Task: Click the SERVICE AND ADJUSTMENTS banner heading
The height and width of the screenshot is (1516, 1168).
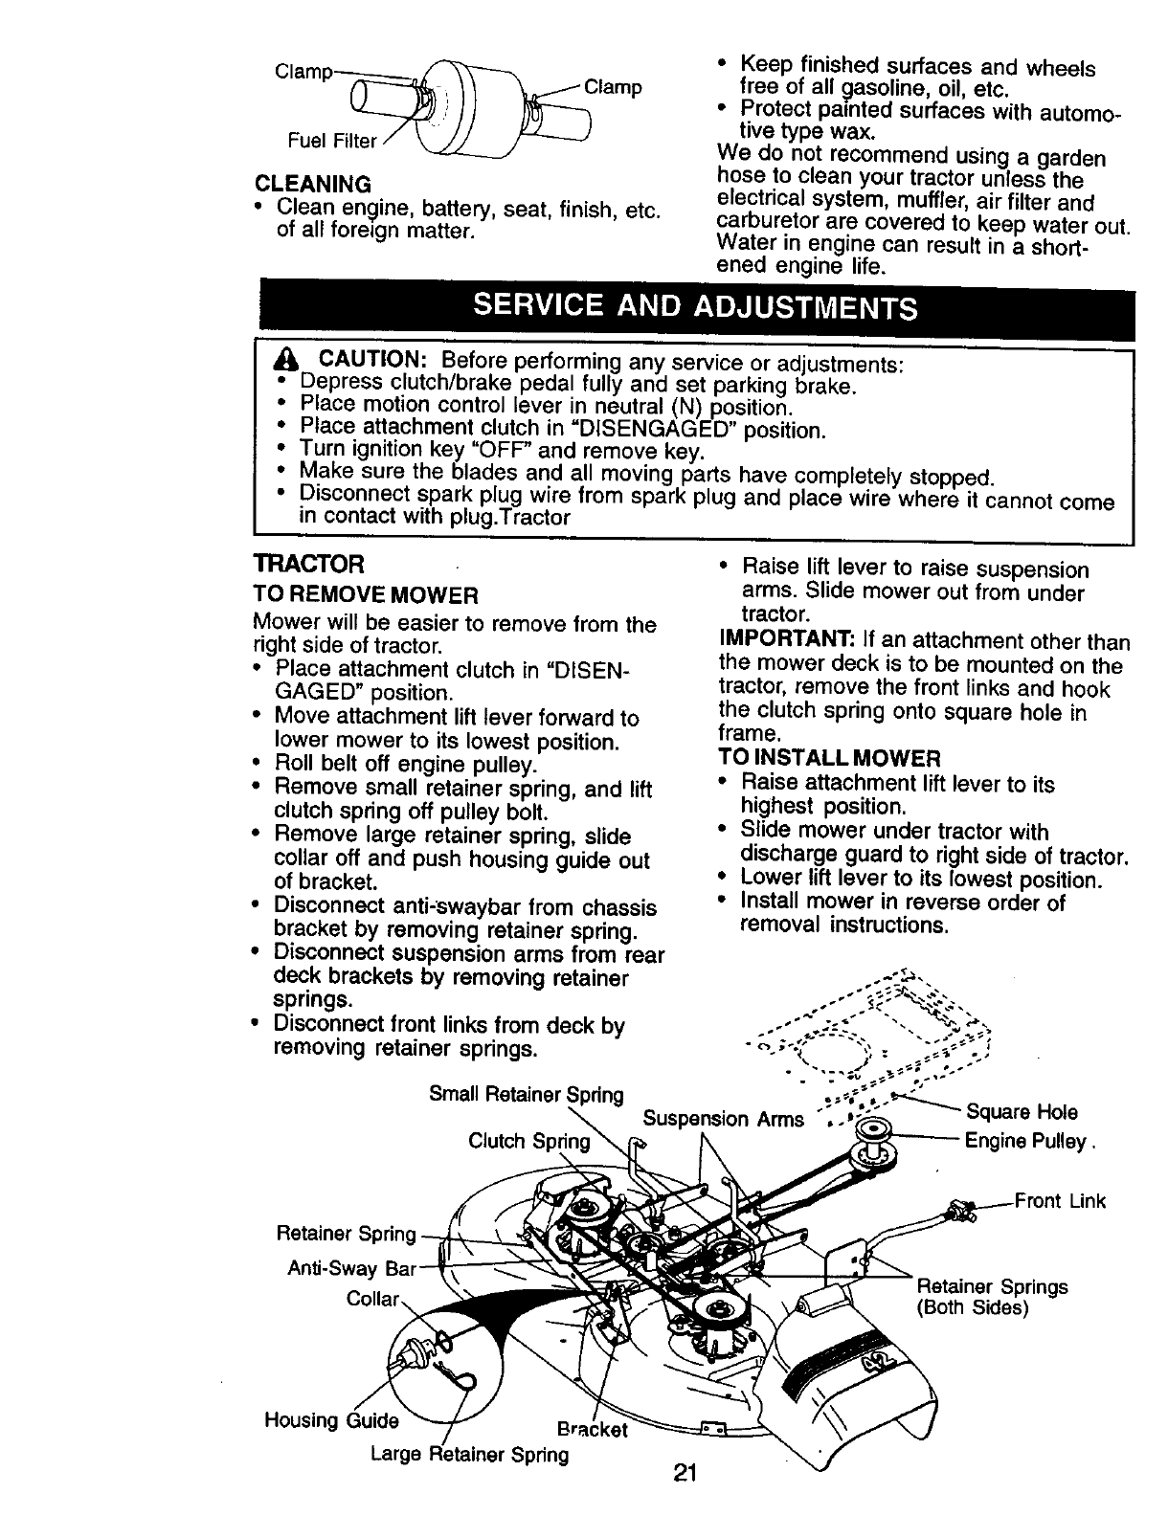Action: pos(696,307)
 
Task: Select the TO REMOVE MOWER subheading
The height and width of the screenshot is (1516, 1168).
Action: pos(365,596)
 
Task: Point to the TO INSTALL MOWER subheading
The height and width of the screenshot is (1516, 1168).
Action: pos(829,758)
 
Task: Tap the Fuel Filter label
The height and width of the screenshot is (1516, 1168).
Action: pos(333,141)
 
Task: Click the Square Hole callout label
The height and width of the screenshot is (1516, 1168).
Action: pos(1022,1112)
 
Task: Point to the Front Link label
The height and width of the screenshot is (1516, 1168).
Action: pos(1060,1201)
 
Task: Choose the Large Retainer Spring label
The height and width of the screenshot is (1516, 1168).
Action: pos(469,1455)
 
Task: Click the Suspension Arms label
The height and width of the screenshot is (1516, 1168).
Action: pos(723,1119)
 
